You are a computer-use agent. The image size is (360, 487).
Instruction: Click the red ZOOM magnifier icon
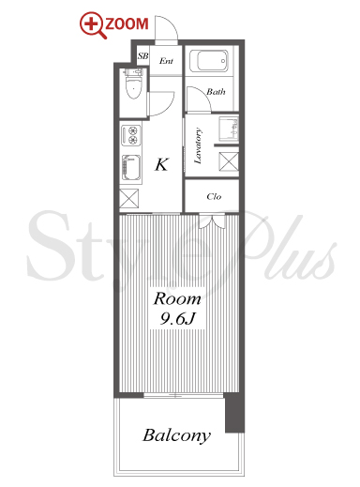pos(93,24)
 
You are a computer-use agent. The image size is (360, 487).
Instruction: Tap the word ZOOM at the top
pos(127,24)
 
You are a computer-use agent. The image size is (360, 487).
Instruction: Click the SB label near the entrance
pos(142,56)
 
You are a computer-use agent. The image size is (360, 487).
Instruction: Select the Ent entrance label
pos(166,61)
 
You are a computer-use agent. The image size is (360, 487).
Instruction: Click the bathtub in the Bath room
pos(209,61)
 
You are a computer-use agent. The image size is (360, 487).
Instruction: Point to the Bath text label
pos(216,92)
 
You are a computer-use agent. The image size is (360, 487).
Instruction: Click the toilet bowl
pos(133,84)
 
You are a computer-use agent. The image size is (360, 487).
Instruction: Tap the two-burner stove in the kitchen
pos(131,135)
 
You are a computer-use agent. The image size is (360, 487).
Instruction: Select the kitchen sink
pos(131,168)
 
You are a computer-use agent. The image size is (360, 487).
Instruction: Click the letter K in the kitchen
pos(162,164)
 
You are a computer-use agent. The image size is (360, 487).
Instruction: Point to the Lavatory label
pos(198,145)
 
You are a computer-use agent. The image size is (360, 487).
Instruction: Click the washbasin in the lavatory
pos(229,128)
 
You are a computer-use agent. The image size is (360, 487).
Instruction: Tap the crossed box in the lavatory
pos(229,161)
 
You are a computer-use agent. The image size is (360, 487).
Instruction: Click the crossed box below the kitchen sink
pos(129,199)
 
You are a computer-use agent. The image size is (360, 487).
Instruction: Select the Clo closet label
pos(214,196)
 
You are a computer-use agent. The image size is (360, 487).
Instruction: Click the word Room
pos(177,299)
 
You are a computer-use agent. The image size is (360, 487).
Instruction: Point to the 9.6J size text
pos(177,319)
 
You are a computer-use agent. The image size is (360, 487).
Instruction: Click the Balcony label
pos(177,436)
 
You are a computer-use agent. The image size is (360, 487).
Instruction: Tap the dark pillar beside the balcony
pos(234,413)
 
